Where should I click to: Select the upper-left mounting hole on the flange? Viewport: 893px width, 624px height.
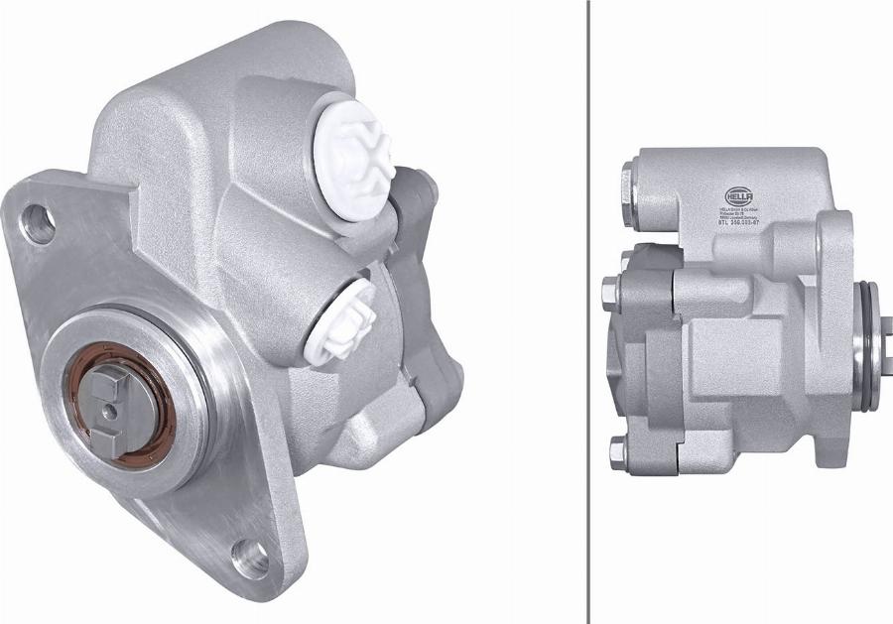38,223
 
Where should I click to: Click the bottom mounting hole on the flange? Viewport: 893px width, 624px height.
250,557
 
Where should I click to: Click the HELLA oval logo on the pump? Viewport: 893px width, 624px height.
739,195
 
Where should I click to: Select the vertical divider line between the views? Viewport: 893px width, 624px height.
588,312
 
